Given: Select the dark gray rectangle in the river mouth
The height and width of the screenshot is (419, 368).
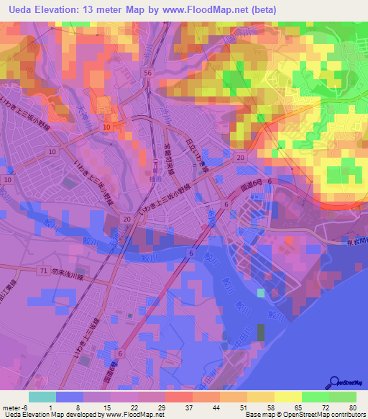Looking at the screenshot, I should tap(260, 332).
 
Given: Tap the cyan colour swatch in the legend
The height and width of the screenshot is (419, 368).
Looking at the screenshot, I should tap(42, 397).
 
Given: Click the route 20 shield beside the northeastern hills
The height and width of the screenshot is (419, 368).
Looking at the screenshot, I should tap(240, 158).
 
